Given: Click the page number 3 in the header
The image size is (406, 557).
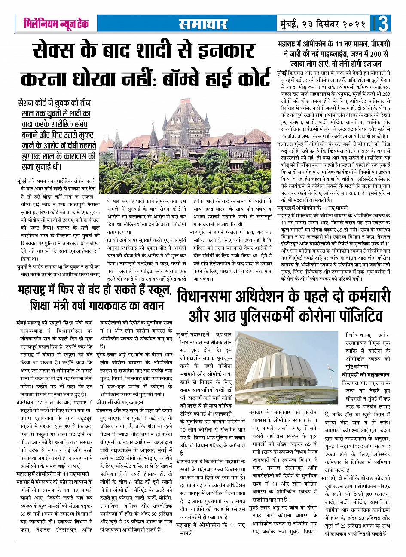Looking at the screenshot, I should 383,24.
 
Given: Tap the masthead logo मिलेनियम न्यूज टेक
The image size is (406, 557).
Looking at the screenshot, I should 56,24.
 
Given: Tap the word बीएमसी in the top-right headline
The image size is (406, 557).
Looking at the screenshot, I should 374,45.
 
